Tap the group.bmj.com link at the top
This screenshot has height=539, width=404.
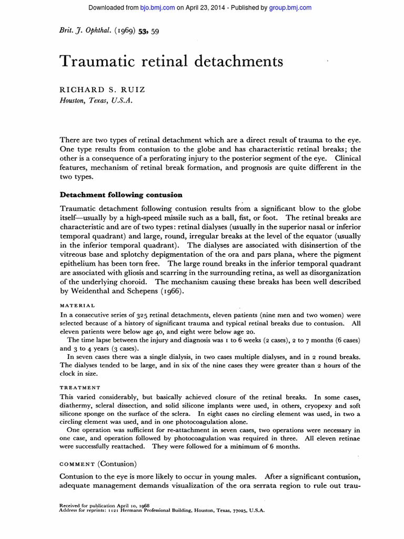pos(290,7)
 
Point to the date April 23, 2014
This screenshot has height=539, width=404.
pos(204,7)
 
